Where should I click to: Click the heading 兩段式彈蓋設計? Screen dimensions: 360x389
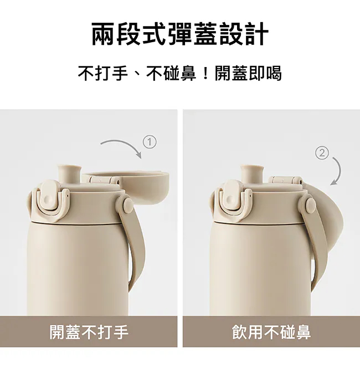180,34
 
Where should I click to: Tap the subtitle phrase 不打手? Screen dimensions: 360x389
102,73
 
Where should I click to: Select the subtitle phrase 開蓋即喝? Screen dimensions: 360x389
248,73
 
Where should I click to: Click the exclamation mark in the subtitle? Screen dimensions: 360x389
205,74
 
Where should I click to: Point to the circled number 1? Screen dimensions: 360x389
150,142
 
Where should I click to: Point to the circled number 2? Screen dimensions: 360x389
322,153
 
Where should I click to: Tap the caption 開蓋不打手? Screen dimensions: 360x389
89,332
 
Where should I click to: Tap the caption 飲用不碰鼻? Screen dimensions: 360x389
271,332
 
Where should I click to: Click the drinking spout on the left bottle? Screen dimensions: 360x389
69,173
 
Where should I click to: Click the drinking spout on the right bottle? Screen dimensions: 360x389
252,173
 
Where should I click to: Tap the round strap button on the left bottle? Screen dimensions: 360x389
128,205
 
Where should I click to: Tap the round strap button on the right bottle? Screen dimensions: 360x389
311,205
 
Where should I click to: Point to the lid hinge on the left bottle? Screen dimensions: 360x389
104,180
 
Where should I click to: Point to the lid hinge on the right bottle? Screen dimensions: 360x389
285,180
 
